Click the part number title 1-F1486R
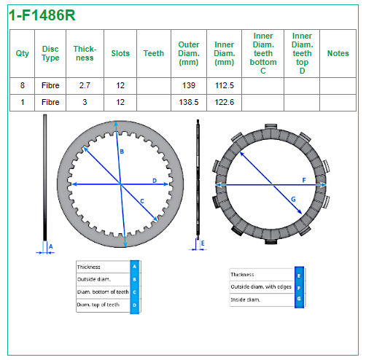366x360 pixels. point(42,15)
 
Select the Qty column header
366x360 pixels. point(23,53)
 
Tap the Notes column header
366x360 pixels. point(338,53)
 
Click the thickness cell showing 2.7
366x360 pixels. point(85,85)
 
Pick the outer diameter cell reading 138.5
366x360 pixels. point(189,102)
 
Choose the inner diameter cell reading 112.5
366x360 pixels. point(224,85)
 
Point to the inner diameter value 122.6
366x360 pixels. point(224,102)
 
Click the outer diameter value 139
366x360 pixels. point(189,85)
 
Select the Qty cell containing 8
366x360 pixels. point(23,85)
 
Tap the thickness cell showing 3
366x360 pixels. point(85,102)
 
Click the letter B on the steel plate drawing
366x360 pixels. point(122,152)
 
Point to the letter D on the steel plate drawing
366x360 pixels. point(155,181)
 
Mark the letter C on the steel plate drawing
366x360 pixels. point(142,201)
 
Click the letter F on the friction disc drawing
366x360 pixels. point(304,180)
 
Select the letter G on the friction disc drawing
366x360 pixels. point(293,200)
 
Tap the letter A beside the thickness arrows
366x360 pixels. point(51,246)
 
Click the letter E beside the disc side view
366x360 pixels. point(203,243)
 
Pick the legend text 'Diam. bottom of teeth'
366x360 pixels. point(103,291)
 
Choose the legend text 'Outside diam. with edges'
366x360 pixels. point(261,287)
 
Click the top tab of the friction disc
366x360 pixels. point(271,127)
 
